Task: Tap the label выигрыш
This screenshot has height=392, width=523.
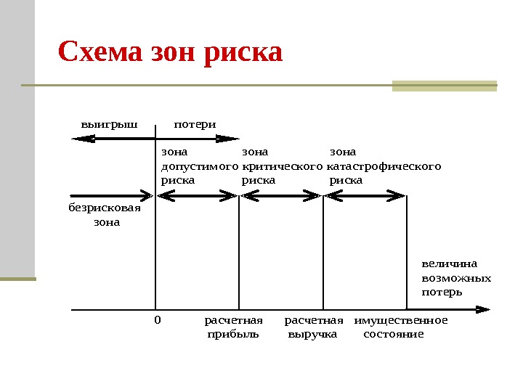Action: [x=109, y=123]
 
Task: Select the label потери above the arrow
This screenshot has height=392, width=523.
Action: [x=195, y=123]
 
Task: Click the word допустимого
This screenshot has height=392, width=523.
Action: [x=199, y=166]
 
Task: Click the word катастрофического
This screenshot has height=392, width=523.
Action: [x=385, y=166]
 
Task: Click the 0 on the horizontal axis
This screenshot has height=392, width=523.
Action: [x=157, y=320]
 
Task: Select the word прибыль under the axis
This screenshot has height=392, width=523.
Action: [x=232, y=335]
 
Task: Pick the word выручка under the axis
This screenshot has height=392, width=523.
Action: [x=312, y=335]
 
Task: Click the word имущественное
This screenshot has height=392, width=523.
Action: [x=401, y=320]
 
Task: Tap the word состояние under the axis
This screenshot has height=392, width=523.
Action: [x=393, y=335]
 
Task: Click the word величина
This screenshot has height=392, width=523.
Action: [x=445, y=264]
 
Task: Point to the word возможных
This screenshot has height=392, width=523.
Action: [x=456, y=278]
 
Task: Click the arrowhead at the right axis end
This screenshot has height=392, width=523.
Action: [x=484, y=309]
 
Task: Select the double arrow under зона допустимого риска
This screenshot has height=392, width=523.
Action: [x=198, y=195]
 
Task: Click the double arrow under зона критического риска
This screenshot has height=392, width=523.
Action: [x=281, y=195]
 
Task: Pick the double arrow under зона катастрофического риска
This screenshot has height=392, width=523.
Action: [x=365, y=195]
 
